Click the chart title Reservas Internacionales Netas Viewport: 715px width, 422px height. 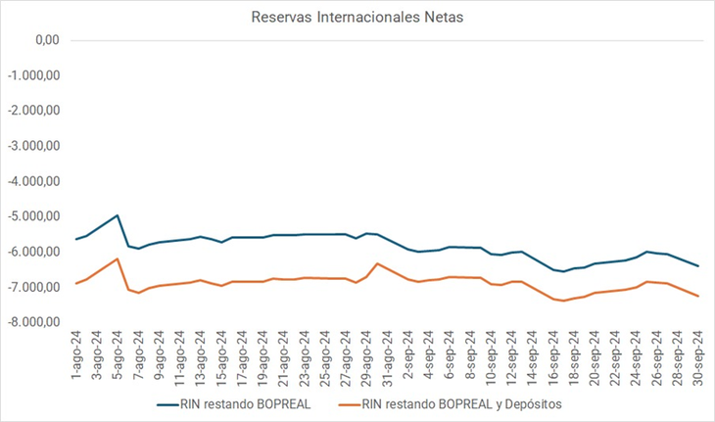[357, 17]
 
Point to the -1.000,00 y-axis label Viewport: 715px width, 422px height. [35, 75]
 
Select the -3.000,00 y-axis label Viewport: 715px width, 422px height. [35, 146]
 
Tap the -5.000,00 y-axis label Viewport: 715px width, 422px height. [35, 216]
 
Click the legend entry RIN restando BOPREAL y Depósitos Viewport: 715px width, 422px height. [460, 403]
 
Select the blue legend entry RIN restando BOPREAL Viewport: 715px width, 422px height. [235, 403]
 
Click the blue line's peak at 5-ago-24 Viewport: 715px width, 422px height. [118, 215]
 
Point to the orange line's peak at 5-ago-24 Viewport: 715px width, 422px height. [118, 258]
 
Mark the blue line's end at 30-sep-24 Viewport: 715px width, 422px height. [698, 266]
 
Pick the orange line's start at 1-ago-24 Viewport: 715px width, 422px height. [76, 284]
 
